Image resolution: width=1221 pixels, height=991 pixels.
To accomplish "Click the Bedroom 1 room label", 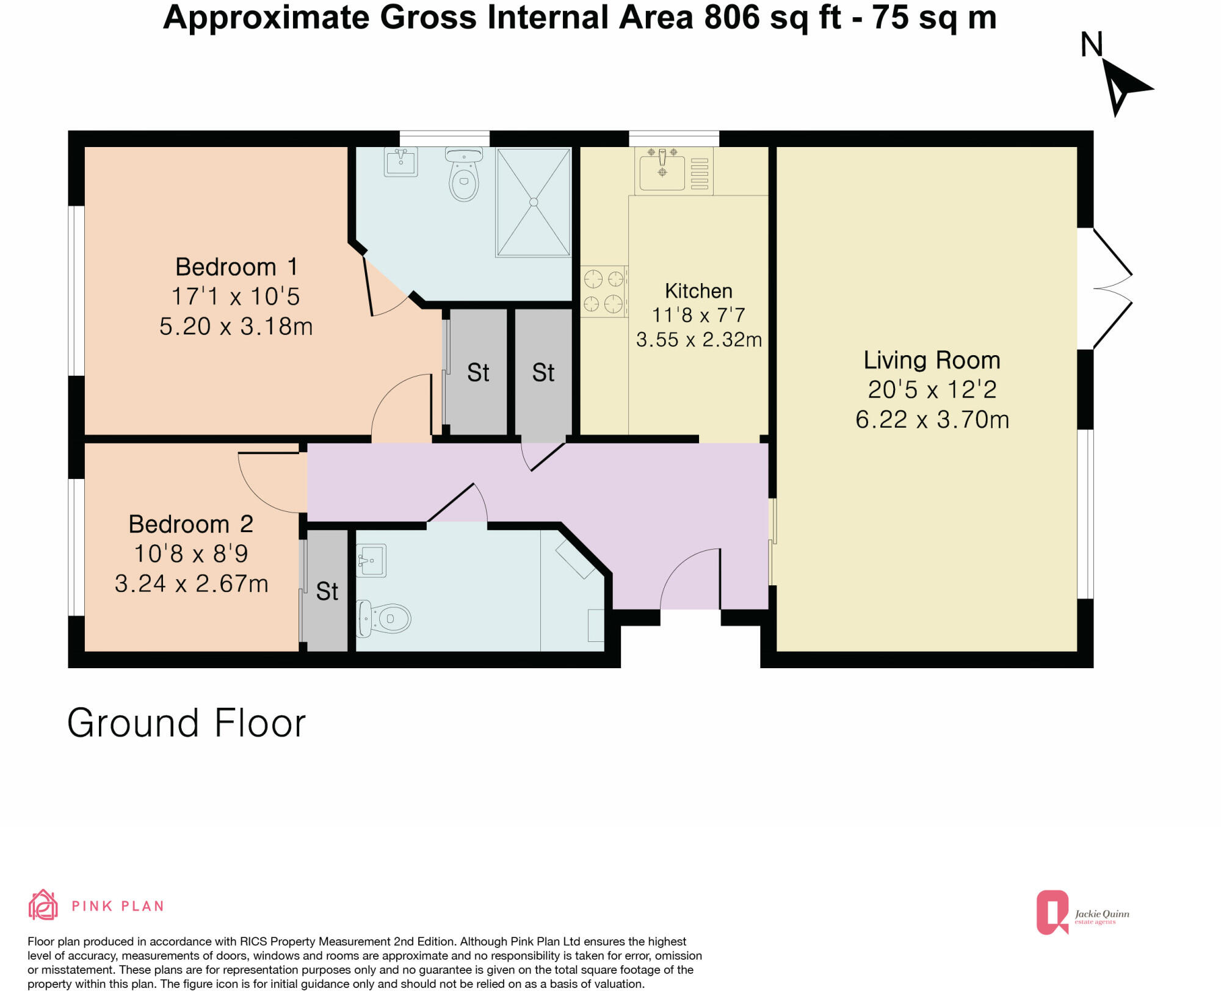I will (236, 267).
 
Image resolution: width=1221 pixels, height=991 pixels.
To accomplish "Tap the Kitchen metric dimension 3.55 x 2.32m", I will (699, 340).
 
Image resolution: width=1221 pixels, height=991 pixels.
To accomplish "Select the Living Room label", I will (932, 360).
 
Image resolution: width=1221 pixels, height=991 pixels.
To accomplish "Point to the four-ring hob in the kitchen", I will (603, 291).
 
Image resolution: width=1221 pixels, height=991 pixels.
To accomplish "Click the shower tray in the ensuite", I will (534, 201).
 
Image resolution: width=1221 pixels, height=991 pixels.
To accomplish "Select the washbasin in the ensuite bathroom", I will (401, 162).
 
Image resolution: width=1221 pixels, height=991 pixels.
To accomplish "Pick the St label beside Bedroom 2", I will (327, 591).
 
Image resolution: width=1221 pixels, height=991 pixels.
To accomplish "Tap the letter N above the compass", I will (1092, 45).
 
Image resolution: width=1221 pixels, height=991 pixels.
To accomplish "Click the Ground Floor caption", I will (186, 723).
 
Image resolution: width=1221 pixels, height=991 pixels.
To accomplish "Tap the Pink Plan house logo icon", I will (43, 905).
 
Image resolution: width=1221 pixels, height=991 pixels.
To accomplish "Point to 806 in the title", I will (731, 17).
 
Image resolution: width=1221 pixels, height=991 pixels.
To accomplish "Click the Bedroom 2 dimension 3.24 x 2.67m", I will (191, 584).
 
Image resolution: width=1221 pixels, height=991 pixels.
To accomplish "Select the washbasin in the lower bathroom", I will (371, 560).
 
